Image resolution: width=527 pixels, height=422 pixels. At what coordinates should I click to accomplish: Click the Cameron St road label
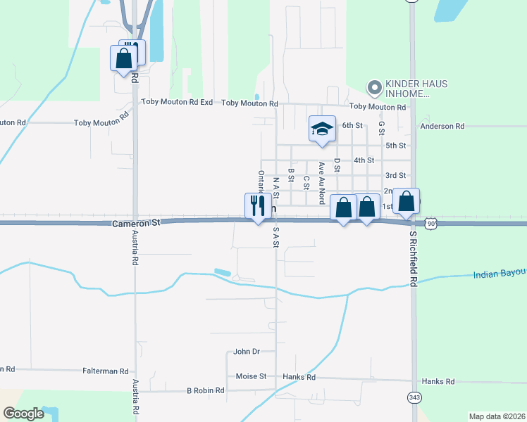click(137, 222)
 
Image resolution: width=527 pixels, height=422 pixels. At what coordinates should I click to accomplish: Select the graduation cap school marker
click(322, 129)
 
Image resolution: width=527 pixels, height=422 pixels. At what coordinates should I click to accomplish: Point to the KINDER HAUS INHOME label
click(416, 88)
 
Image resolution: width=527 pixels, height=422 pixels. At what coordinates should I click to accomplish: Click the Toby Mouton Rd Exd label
click(177, 102)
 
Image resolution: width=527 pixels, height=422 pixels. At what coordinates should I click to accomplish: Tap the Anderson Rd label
click(442, 127)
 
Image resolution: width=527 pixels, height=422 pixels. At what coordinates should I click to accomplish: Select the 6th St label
click(352, 125)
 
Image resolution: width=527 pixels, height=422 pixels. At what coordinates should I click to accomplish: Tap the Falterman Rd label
click(106, 371)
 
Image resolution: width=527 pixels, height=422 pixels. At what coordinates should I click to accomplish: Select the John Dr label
click(247, 351)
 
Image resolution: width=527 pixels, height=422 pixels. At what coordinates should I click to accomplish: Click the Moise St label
click(251, 376)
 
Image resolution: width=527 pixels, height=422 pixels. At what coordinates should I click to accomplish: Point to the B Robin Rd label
click(205, 390)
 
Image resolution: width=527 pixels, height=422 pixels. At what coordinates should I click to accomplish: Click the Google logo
click(23, 414)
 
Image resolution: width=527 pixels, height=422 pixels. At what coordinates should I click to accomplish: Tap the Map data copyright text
click(497, 416)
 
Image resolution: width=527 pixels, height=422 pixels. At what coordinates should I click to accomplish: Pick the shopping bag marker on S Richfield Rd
click(407, 202)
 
